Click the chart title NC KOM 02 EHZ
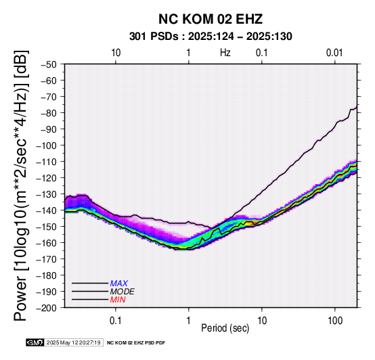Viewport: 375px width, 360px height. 211,19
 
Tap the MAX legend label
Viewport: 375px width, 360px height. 119,284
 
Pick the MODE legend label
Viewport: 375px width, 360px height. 123,292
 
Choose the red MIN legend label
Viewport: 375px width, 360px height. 118,300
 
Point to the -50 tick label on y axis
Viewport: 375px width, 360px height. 49,64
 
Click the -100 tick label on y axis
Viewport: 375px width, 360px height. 47,145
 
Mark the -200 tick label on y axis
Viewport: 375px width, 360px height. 47,308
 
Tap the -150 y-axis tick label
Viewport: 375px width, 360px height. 47,227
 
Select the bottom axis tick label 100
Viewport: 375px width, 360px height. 335,321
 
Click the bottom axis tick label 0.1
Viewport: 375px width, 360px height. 116,321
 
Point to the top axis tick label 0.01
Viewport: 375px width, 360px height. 334,53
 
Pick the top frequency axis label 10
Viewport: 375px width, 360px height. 116,53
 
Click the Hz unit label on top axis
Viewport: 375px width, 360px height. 225,53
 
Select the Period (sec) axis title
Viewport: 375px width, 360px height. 225,328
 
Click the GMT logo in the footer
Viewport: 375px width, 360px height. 35,342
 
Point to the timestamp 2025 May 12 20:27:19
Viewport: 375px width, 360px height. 73,342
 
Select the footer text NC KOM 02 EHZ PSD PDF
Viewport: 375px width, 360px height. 136,343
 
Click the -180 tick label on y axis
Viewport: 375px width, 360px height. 47,275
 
